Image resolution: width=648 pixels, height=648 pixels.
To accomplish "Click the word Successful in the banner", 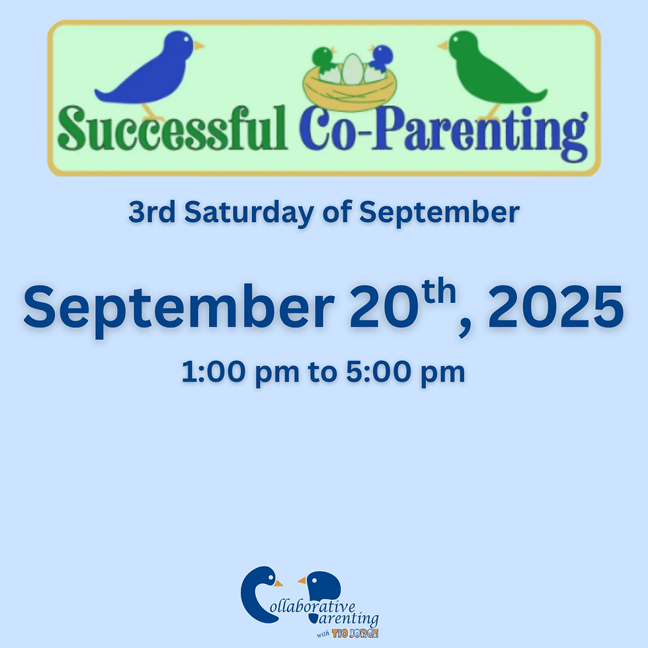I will [x=173, y=130].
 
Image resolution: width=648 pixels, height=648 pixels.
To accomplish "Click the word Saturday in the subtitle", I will [x=261, y=212].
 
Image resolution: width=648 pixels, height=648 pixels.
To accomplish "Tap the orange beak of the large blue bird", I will [x=198, y=45].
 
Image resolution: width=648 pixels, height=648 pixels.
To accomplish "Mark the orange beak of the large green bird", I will [x=442, y=46].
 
